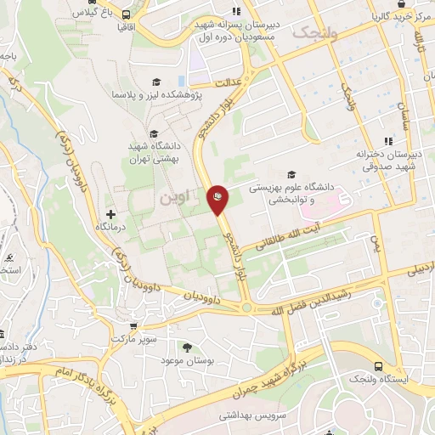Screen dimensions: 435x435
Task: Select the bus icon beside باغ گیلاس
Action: pyautogui.click(x=126, y=14)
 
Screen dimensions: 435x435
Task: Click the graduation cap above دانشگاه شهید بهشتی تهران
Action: pyautogui.click(x=154, y=133)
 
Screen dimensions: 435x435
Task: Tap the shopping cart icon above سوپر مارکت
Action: pyautogui.click(x=133, y=325)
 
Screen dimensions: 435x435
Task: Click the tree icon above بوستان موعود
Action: pyautogui.click(x=187, y=347)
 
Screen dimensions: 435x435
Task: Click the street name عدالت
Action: pyautogui.click(x=229, y=84)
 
